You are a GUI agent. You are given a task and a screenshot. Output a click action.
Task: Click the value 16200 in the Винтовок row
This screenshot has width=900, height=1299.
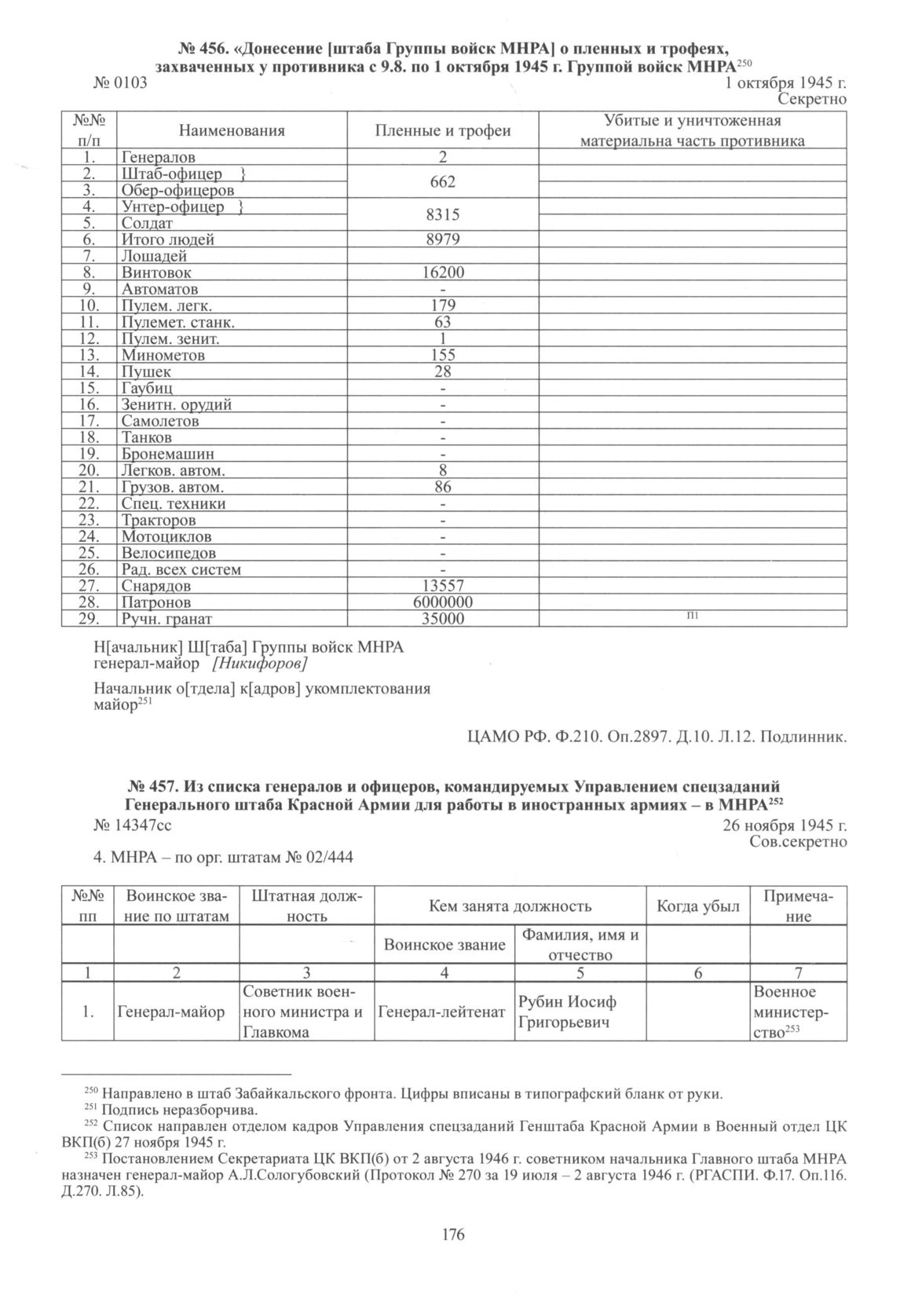444,273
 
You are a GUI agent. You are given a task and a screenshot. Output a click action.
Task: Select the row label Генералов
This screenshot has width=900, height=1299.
158,157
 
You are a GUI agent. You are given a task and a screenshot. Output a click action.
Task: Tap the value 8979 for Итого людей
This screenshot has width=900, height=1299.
444,240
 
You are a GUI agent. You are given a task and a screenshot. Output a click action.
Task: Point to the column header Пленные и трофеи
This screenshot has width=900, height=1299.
443,131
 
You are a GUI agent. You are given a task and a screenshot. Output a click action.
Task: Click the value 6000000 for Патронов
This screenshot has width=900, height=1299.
444,602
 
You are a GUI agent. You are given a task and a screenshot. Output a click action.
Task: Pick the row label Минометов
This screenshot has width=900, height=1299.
163,355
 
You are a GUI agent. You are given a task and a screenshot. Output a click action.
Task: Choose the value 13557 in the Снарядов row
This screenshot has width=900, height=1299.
444,586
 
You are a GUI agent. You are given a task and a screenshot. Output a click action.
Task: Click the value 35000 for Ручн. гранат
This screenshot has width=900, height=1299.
444,619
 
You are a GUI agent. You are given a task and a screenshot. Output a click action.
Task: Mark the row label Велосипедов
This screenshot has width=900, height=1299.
168,553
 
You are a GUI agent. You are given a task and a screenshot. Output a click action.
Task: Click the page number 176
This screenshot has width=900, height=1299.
453,1235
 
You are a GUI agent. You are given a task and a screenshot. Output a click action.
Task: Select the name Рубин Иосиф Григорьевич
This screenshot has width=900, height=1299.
567,1012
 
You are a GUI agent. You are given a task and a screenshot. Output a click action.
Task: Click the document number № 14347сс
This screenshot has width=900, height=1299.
132,825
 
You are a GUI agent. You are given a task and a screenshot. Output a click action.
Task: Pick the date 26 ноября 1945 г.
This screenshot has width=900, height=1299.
785,825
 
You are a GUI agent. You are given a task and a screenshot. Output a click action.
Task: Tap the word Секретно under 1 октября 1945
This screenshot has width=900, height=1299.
811,99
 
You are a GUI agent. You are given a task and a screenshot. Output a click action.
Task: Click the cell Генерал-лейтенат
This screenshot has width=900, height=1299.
442,1012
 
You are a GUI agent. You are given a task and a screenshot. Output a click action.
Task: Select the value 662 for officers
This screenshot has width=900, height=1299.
444,181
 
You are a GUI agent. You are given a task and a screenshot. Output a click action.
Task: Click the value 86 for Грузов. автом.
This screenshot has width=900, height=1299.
444,487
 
